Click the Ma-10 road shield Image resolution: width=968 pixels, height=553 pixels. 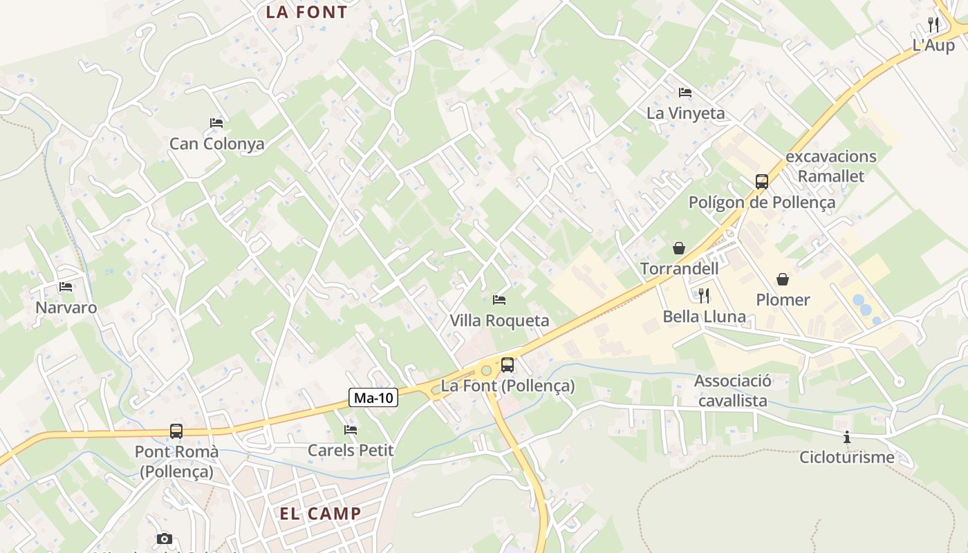(373, 397)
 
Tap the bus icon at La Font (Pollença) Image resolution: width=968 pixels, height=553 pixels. (508, 364)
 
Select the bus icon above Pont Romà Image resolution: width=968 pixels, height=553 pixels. (176, 431)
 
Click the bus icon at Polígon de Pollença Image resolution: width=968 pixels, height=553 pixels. (761, 182)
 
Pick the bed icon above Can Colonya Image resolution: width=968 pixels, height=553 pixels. (216, 123)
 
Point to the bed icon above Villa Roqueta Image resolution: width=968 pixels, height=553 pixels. (499, 299)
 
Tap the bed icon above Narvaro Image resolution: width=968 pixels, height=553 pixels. (66, 286)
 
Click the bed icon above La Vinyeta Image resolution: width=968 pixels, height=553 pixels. (685, 92)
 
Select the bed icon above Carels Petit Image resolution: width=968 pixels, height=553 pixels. (351, 429)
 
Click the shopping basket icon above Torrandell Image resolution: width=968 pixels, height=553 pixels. (679, 247)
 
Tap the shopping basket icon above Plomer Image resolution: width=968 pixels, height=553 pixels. (783, 279)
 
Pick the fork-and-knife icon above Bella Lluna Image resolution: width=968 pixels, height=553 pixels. (704, 296)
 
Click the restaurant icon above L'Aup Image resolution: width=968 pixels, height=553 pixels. (933, 25)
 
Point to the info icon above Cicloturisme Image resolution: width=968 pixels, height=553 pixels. (846, 437)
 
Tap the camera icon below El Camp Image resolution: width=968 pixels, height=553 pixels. (165, 538)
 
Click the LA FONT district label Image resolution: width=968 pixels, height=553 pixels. (306, 12)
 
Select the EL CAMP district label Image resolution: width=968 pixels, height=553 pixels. (320, 514)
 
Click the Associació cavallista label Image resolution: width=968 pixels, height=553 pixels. (732, 391)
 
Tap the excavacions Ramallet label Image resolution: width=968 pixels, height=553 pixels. (830, 166)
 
